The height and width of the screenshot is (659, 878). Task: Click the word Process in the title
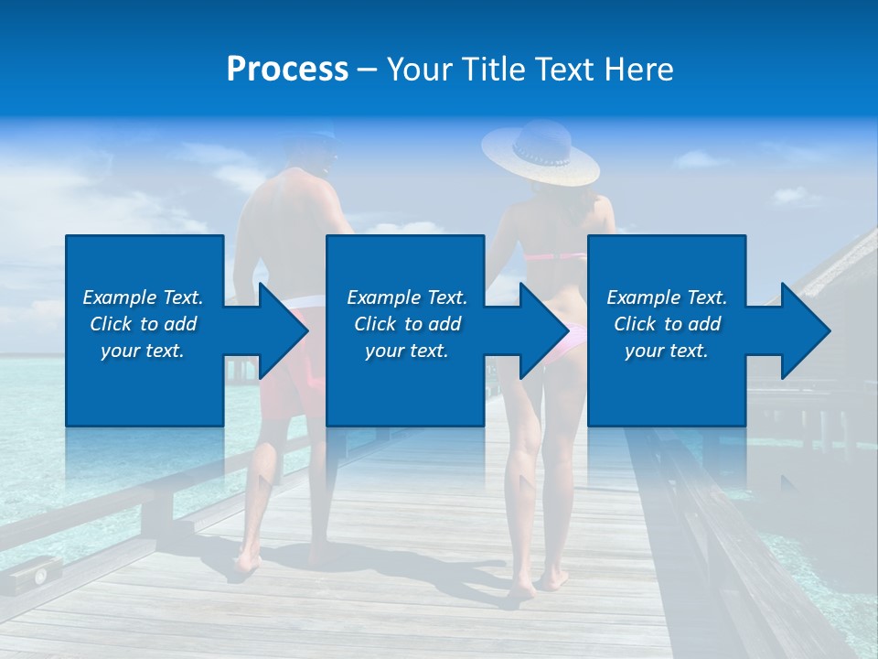tap(287, 70)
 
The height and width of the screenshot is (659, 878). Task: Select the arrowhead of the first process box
tap(284, 330)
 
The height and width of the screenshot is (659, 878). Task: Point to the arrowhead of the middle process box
tap(545, 330)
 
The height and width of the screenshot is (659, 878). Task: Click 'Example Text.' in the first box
tap(143, 297)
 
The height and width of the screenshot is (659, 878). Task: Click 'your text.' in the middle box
tap(406, 351)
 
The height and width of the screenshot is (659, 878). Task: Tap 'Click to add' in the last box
tap(667, 324)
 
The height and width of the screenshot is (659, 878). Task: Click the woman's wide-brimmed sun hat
tap(540, 153)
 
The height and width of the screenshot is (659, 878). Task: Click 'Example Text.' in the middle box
tap(406, 297)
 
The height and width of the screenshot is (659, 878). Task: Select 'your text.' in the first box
tap(143, 351)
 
